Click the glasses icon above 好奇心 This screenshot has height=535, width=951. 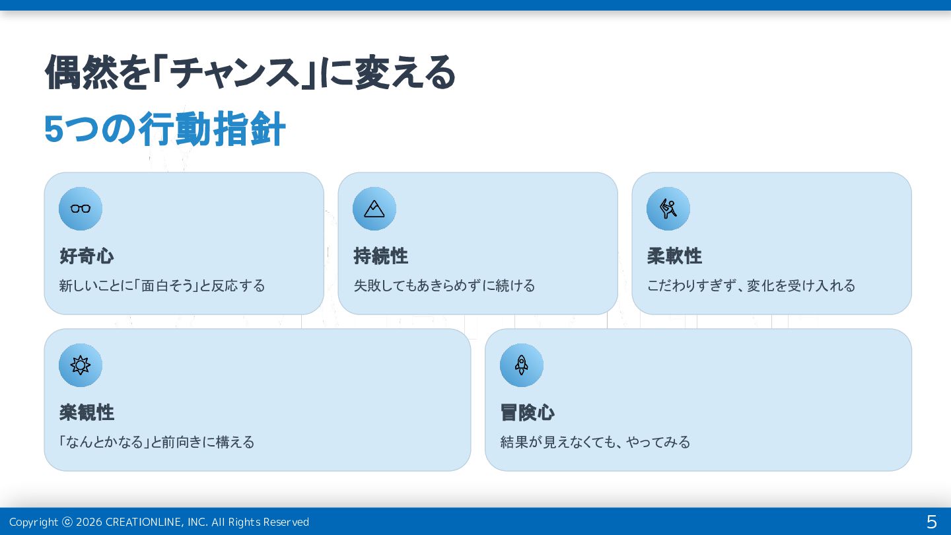(81, 209)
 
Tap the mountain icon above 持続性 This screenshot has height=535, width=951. (374, 209)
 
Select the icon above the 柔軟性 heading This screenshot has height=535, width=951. (668, 209)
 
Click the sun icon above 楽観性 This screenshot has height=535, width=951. (81, 365)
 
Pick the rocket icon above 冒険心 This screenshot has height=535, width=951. (522, 365)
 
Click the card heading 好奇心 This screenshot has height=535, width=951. (87, 256)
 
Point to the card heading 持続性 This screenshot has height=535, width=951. (380, 256)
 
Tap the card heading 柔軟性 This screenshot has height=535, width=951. (674, 256)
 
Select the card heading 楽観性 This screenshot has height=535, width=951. (87, 412)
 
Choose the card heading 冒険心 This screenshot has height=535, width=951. (527, 412)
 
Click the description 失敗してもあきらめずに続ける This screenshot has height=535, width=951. (444, 285)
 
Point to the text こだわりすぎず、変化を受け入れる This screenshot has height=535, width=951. (751, 285)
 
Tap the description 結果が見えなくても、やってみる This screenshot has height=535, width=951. (595, 442)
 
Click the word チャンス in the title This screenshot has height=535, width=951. (234, 73)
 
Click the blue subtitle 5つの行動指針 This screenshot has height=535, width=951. (164, 129)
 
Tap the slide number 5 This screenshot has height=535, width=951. (931, 522)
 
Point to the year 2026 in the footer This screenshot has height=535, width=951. (88, 522)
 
